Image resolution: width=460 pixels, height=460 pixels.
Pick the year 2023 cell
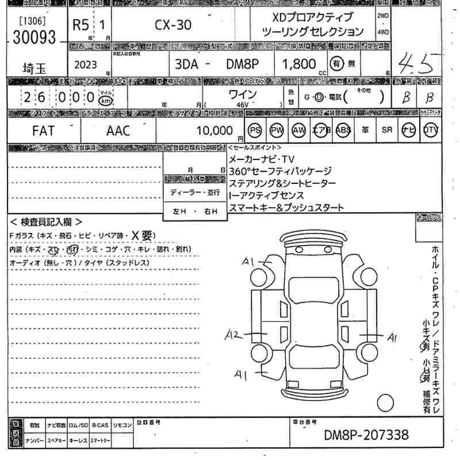coord(86,65)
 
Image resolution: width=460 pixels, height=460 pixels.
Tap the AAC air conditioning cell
coord(118,131)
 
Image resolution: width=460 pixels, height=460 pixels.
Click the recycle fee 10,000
coord(214,131)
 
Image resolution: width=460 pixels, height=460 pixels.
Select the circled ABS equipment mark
coord(343,131)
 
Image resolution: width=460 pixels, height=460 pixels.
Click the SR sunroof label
coord(387,131)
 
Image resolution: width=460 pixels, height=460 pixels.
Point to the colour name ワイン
coord(242,94)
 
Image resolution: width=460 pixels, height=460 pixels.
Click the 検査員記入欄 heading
coord(46,222)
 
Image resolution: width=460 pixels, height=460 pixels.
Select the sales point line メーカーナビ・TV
coord(261,159)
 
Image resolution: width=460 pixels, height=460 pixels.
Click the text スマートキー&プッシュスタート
coord(286,208)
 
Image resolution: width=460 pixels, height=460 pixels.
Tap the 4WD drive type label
coord(383,32)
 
